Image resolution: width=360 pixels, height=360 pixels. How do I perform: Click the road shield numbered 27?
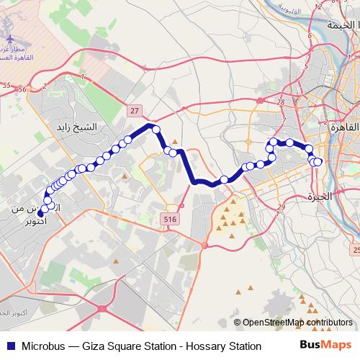[135, 110]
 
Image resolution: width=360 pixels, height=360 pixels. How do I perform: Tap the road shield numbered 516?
[170, 218]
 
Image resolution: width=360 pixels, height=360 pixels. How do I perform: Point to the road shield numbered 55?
[6, 86]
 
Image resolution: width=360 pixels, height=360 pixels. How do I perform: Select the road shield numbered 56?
[22, 89]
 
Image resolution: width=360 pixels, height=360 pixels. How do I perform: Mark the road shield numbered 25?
[356, 250]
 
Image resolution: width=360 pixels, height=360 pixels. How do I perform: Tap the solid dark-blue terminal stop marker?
[40, 212]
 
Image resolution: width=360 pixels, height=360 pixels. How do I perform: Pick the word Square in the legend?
[132, 347]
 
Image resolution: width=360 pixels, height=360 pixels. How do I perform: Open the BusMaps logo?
[325, 346]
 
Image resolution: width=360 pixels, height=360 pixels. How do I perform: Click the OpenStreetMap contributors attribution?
[297, 323]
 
